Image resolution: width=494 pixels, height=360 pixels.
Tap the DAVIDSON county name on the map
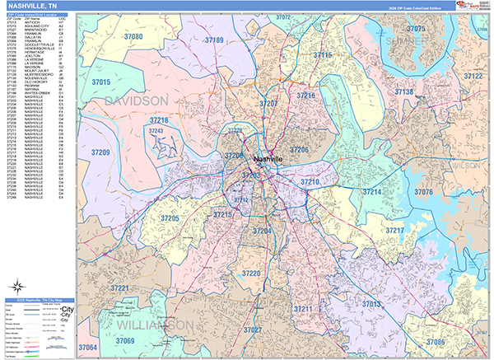(136, 101)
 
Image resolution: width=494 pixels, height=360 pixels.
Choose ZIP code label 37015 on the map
(100, 82)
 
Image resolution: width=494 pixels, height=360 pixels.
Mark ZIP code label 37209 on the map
(100, 152)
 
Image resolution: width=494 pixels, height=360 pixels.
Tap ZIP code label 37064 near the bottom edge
(87, 348)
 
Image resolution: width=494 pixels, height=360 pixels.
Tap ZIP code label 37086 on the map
(435, 342)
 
